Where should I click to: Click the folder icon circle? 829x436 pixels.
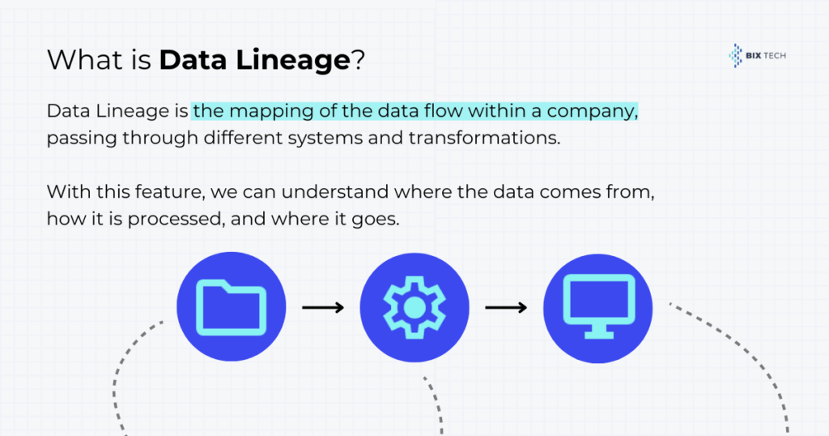[x=231, y=307]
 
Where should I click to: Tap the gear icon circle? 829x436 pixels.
[x=414, y=307]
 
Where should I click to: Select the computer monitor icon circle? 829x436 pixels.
[x=598, y=309]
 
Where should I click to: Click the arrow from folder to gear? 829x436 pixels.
[x=323, y=307]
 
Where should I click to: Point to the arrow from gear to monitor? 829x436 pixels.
[x=506, y=307]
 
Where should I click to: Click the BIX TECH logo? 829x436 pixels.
[x=757, y=56]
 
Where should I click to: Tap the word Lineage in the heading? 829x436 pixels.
[x=293, y=60]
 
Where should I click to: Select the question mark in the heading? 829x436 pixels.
[x=358, y=59]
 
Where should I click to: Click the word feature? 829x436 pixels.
[x=170, y=191]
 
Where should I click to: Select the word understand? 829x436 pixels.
[x=335, y=191]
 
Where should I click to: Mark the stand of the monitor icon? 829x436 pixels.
[x=598, y=331]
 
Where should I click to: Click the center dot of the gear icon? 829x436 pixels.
[x=414, y=307]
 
